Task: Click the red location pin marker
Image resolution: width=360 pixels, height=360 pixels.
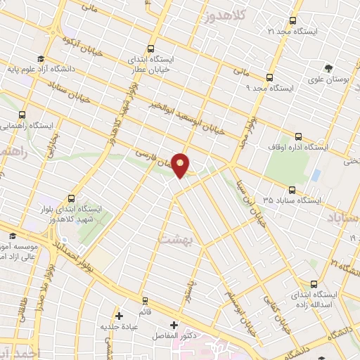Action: click(x=181, y=165)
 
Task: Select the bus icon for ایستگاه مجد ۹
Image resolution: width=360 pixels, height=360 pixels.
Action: click(x=269, y=78)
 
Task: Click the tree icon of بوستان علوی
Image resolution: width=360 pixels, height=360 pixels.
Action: click(x=328, y=68)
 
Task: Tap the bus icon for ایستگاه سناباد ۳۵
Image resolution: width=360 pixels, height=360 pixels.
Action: click(x=292, y=189)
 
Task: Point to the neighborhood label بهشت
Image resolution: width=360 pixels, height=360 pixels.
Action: click(x=172, y=239)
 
